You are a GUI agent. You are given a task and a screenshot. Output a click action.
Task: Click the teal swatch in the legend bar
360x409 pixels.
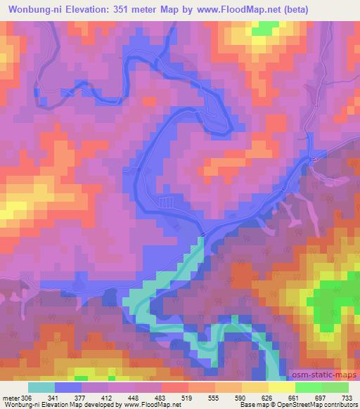[41, 387]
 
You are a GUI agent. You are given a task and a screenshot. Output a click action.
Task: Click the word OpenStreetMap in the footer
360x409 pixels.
[295, 405]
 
